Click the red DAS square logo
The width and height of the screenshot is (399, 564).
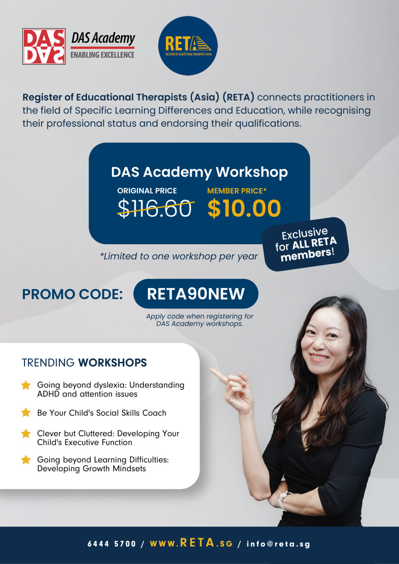click(44, 46)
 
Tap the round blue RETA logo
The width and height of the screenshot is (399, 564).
click(188, 46)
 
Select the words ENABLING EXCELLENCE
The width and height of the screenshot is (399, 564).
click(102, 55)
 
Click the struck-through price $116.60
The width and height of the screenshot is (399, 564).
click(155, 208)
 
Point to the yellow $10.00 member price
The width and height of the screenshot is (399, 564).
click(244, 208)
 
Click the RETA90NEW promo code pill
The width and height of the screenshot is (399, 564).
click(196, 294)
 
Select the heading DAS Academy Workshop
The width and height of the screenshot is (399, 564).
click(199, 173)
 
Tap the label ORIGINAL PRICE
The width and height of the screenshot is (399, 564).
click(147, 191)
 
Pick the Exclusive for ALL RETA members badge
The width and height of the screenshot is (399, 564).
click(306, 244)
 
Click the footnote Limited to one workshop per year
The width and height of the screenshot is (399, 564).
click(179, 256)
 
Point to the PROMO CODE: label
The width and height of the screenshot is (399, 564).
click(72, 294)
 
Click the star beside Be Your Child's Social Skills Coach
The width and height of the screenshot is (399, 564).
click(26, 413)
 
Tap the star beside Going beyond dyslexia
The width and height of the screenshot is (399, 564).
click(26, 385)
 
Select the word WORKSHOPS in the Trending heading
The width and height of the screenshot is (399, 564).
click(112, 363)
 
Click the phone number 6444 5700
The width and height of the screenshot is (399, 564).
click(112, 544)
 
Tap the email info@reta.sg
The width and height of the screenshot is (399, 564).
click(278, 544)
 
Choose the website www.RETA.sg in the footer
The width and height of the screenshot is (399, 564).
click(191, 543)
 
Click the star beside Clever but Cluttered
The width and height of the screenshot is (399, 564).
click(26, 434)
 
